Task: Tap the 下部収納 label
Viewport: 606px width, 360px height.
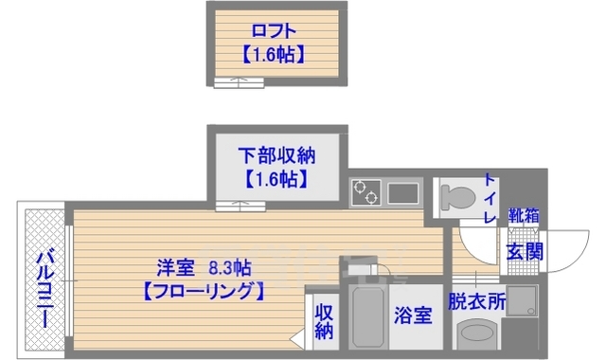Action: point(276,153)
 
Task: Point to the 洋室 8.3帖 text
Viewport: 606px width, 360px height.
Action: point(203,267)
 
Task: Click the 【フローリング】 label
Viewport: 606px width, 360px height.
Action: point(203,292)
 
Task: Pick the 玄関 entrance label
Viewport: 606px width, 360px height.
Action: point(524,252)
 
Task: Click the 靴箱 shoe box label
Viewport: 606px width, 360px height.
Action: point(524,216)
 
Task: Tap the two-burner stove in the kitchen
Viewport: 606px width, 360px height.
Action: point(367,192)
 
